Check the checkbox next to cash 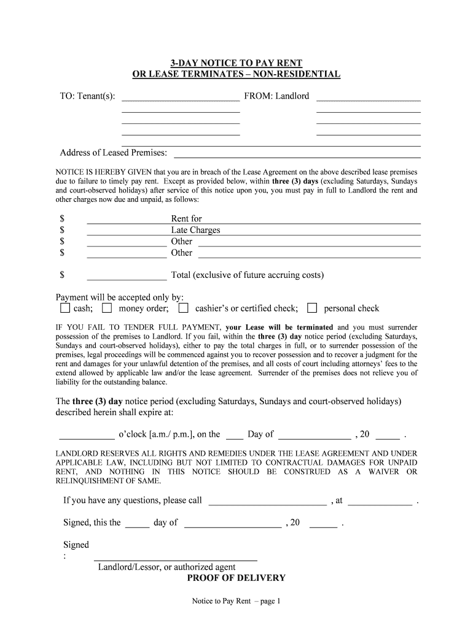(x=65, y=308)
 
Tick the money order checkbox (x=107, y=308)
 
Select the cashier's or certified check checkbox (x=183, y=308)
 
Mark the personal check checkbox (x=312, y=308)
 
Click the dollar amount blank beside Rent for (x=127, y=220)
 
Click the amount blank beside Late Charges (x=127, y=231)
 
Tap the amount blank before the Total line (x=127, y=275)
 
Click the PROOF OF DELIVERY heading (x=237, y=578)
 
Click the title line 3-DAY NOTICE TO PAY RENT (x=237, y=63)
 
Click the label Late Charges (x=195, y=230)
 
